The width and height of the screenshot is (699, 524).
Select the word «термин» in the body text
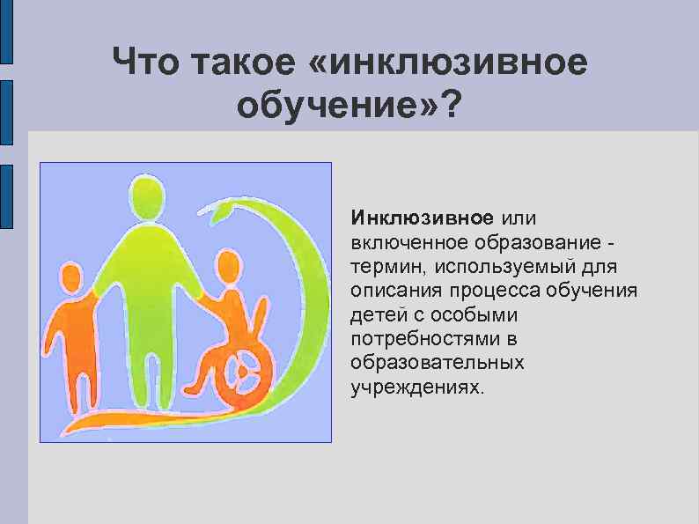(x=381, y=266)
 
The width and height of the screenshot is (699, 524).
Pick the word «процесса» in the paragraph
(x=494, y=291)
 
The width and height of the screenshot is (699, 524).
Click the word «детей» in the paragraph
(x=375, y=314)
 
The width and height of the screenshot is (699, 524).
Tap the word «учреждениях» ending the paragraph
(x=416, y=387)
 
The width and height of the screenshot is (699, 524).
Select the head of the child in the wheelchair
(x=227, y=268)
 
